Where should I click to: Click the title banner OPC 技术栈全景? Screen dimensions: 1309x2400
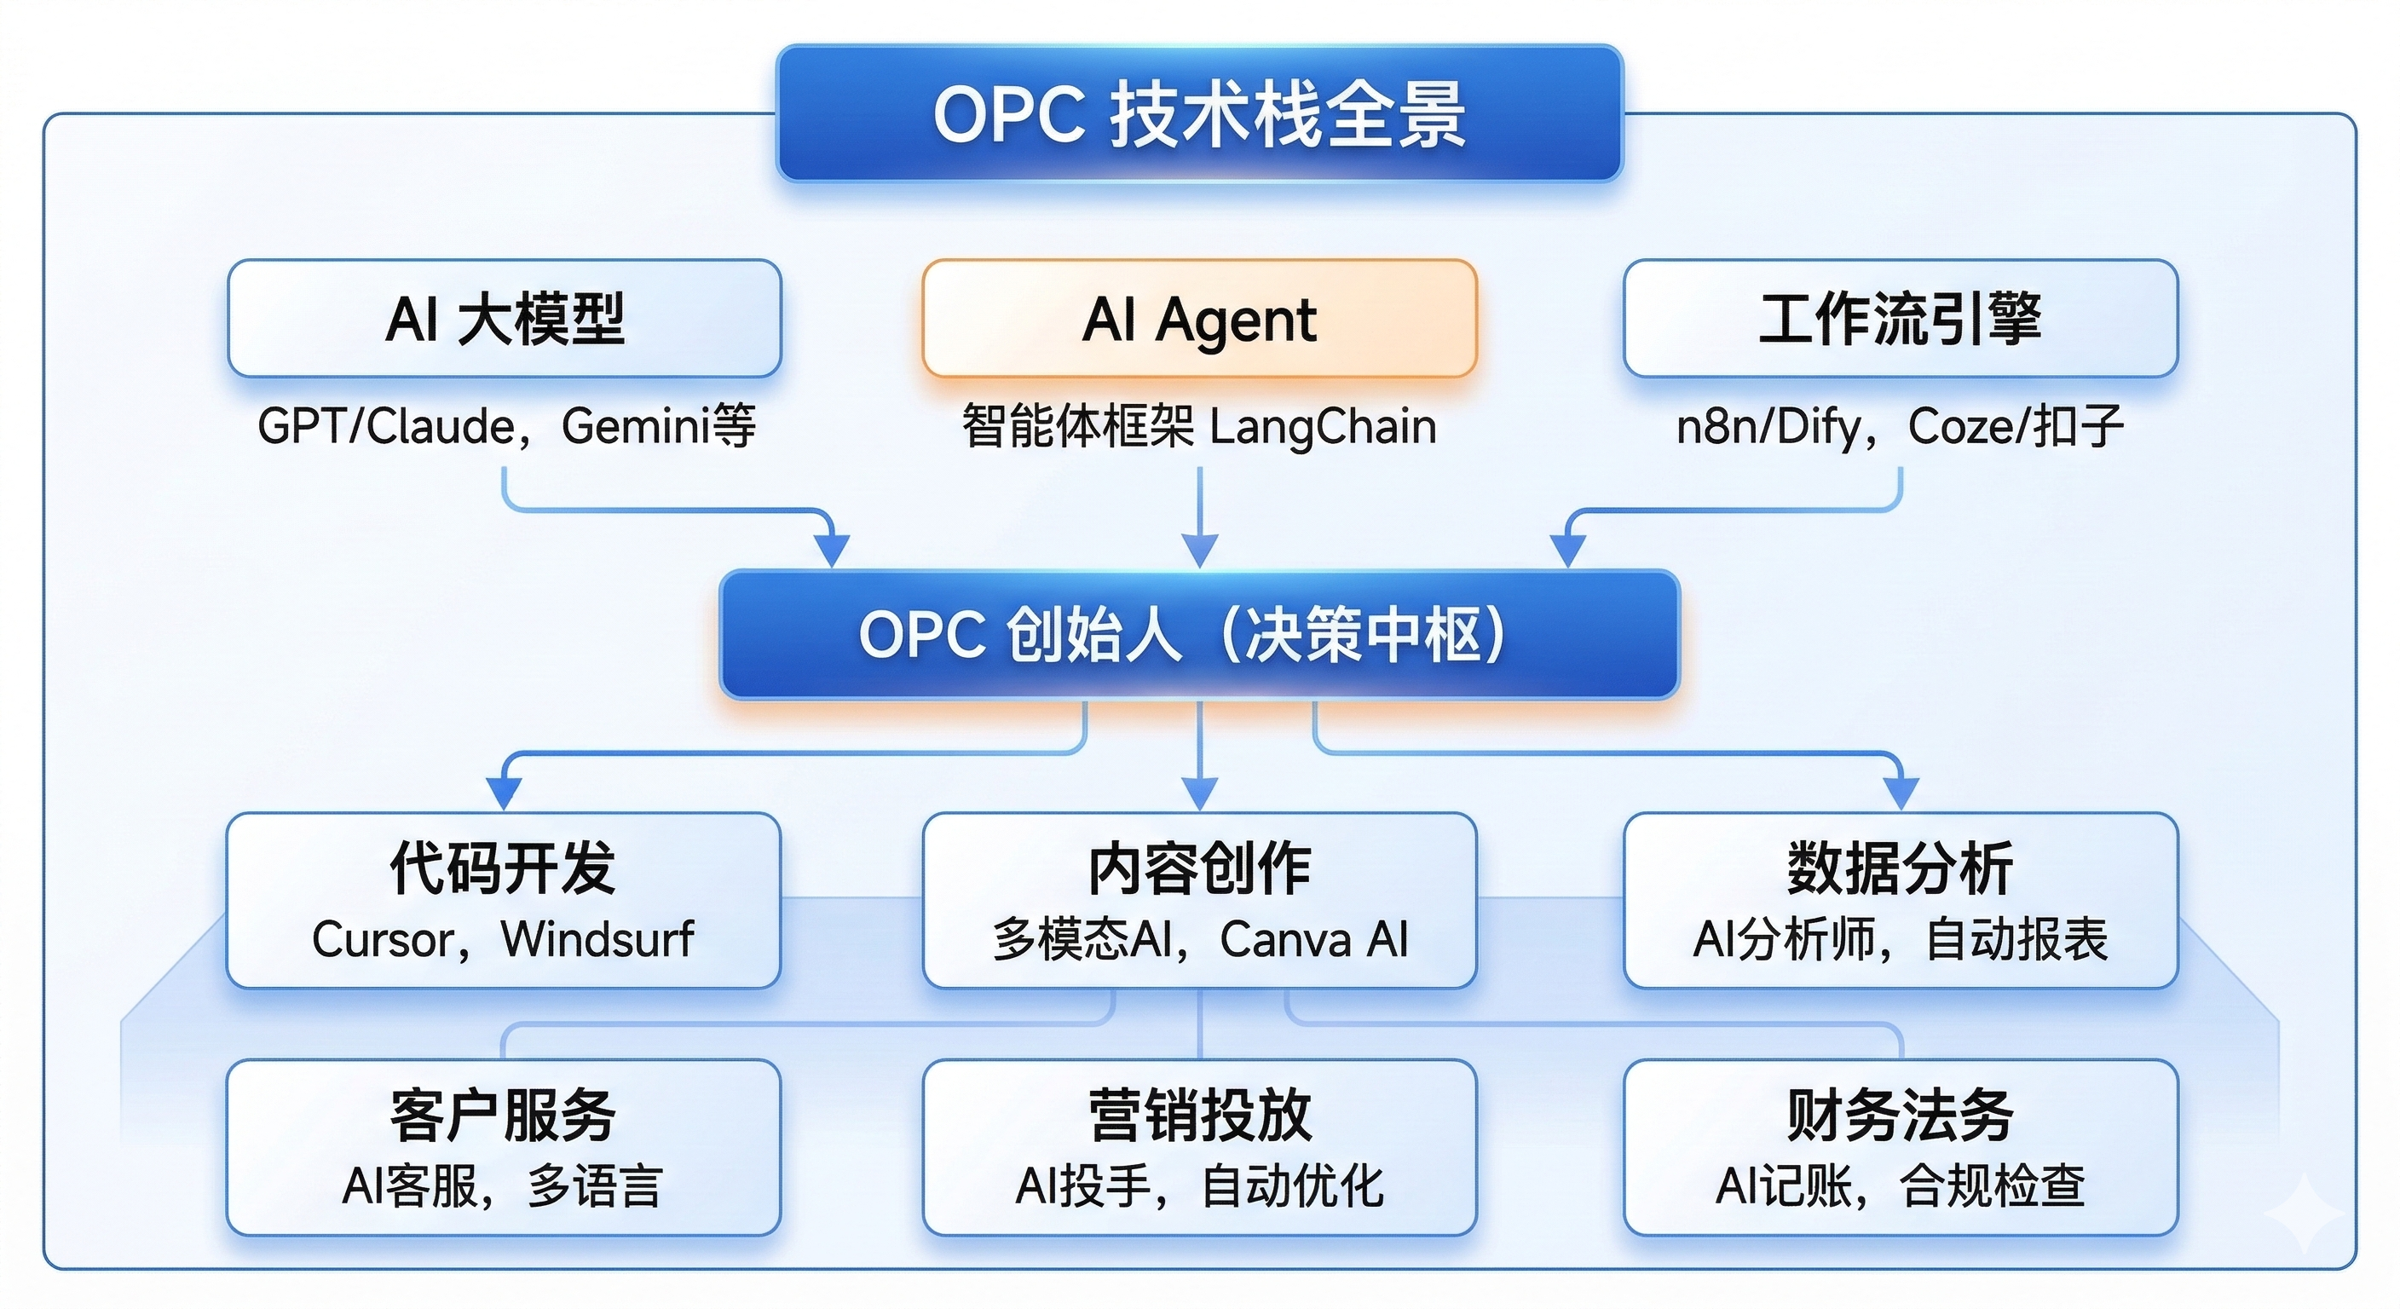pos(1200,113)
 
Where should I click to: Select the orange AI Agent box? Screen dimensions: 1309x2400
pos(1200,319)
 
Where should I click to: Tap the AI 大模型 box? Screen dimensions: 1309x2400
pos(504,319)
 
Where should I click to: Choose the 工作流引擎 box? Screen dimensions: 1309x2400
pos(1901,319)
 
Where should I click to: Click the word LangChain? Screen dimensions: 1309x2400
pos(1323,427)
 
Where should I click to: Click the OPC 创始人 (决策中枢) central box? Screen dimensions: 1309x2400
pos(1200,636)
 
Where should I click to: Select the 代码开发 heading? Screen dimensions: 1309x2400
pos(503,868)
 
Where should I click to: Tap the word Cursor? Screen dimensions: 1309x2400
pos(383,939)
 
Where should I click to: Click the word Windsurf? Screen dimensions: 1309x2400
pos(597,939)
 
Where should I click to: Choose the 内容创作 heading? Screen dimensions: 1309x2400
pos(1200,868)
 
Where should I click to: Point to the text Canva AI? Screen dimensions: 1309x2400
pos(1313,939)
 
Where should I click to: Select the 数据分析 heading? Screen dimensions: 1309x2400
pos(1901,868)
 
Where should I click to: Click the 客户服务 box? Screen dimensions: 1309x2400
pos(503,1147)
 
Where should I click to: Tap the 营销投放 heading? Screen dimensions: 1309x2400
pos(1200,1116)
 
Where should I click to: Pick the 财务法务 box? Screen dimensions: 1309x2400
pos(1901,1147)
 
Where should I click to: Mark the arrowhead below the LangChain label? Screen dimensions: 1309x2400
pos(1200,550)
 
